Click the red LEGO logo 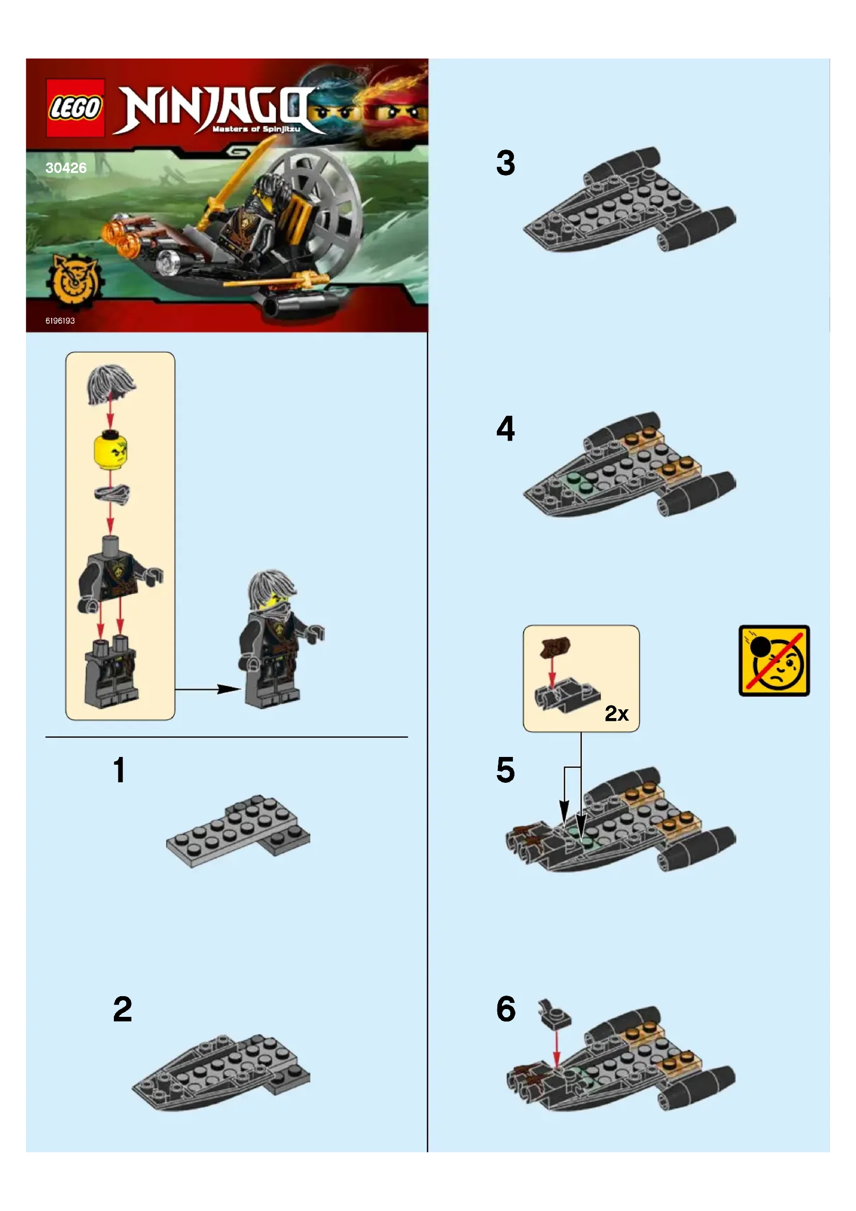click(x=76, y=108)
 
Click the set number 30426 click(x=66, y=168)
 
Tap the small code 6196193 click(x=60, y=320)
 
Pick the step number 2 click(x=122, y=1009)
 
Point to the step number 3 click(x=506, y=163)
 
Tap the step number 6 click(x=506, y=1009)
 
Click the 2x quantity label click(x=617, y=713)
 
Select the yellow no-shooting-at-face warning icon click(x=774, y=660)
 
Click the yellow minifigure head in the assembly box click(x=110, y=449)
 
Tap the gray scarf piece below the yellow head click(x=112, y=494)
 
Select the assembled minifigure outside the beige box click(x=279, y=639)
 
